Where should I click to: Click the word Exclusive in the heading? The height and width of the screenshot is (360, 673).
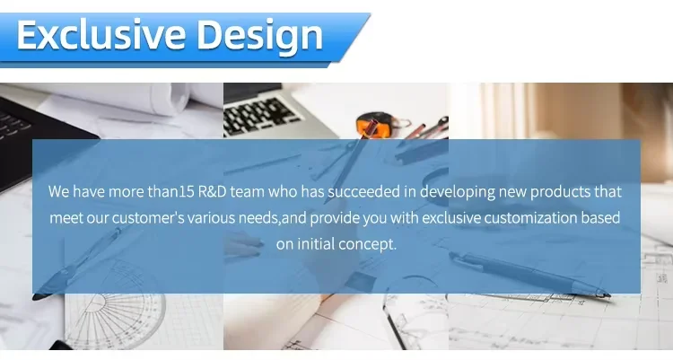[101, 35]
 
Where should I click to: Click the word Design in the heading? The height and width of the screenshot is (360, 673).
[259, 38]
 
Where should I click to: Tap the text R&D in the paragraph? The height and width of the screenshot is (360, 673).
[212, 191]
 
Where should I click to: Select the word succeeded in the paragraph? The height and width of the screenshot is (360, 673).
[364, 191]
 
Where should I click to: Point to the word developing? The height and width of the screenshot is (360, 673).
[457, 192]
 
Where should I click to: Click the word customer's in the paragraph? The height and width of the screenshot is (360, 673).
[148, 218]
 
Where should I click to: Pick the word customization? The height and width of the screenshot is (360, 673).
[530, 218]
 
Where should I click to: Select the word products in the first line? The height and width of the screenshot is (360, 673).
[560, 192]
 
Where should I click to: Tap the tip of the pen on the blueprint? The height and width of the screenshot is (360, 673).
[609, 295]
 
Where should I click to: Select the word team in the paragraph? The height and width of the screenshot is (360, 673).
[248, 191]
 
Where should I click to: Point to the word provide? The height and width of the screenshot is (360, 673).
[335, 218]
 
